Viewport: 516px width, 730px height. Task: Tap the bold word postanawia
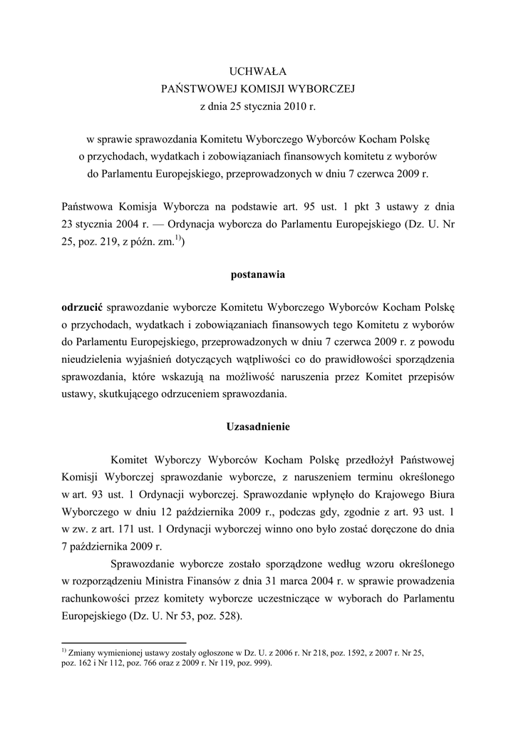pyautogui.click(x=257, y=273)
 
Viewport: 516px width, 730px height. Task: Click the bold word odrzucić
pyautogui.click(x=82, y=307)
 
